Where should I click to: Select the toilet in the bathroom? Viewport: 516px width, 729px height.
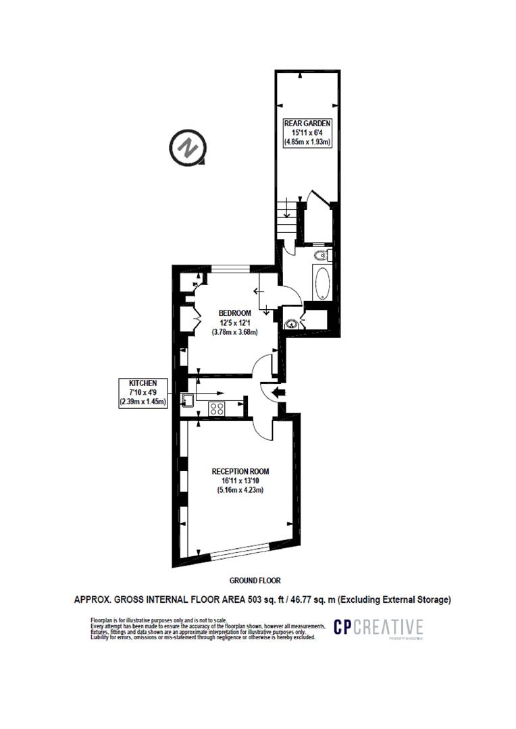click(x=321, y=256)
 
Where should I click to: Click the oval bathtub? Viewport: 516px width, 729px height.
click(x=321, y=283)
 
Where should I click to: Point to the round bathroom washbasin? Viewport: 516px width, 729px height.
click(x=292, y=323)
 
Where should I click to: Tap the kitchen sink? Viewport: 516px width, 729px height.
click(x=189, y=400)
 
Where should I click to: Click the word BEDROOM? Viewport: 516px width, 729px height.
click(x=235, y=313)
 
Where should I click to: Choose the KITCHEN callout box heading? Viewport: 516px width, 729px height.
click(x=143, y=383)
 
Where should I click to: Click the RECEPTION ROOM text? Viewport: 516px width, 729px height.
click(x=240, y=471)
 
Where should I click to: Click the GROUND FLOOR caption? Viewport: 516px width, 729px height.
click(x=255, y=580)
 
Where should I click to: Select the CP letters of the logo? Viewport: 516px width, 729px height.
click(x=345, y=627)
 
